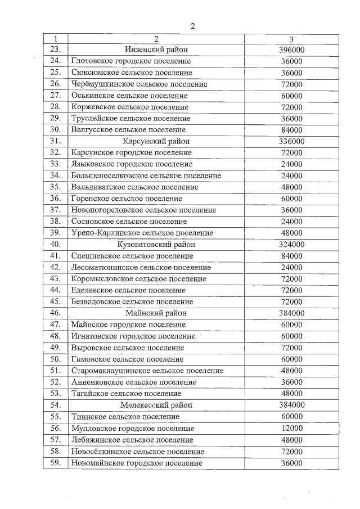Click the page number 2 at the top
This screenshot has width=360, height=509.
192,26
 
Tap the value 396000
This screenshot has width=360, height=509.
291,49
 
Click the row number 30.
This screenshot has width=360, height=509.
55,129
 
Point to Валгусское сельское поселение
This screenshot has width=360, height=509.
128,129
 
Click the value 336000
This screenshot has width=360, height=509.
291,141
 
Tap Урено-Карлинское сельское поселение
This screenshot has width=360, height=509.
142,233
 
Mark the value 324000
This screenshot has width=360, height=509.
291,245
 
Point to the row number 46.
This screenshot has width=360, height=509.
55,313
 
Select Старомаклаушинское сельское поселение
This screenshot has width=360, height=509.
147,371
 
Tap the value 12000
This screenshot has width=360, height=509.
291,428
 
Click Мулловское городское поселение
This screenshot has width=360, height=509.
134,428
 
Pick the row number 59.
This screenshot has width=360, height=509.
55,463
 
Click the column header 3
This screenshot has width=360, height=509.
291,39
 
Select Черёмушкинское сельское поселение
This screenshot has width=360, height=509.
139,84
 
